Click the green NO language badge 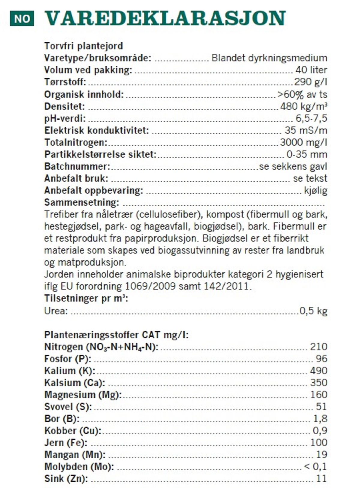click(22, 19)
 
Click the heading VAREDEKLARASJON click(165, 19)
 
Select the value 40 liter click(311, 70)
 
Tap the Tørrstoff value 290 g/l click(310, 82)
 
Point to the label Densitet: click(64, 106)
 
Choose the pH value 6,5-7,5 click(311, 118)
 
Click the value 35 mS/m click(306, 130)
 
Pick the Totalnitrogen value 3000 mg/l click(303, 142)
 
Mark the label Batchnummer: click(77, 166)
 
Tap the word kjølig click(316, 190)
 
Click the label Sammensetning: click(82, 202)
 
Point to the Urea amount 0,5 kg click(313, 311)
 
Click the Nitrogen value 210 click(319, 347)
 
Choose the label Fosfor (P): click(67, 359)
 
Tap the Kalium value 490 click(319, 371)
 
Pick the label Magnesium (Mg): click(83, 395)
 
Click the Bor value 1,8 click(320, 419)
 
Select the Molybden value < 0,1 click(315, 467)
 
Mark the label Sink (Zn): click(66, 479)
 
